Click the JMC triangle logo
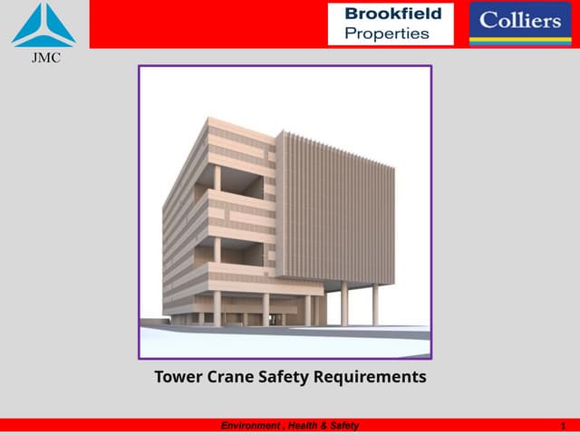(43, 25)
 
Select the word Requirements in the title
(374, 377)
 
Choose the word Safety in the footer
(343, 426)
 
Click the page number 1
(564, 426)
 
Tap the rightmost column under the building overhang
(375, 304)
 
